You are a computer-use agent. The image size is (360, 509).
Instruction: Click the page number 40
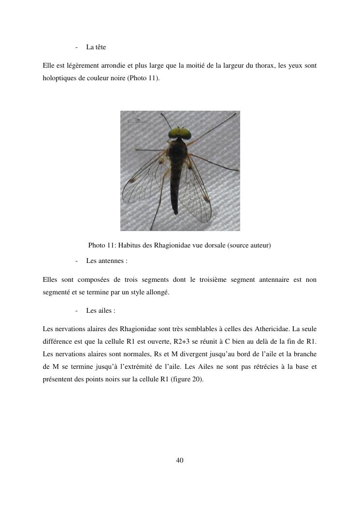click(x=180, y=460)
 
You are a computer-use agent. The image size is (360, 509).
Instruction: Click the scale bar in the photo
click(x=137, y=121)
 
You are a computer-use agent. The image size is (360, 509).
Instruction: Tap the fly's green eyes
click(x=179, y=133)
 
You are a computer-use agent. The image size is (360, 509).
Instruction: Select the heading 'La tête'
click(x=96, y=47)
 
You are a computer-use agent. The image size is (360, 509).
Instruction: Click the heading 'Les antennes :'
click(x=106, y=261)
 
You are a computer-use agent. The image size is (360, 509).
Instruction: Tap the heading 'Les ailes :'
click(x=101, y=311)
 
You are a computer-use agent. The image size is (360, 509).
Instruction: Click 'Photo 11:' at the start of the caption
click(x=102, y=246)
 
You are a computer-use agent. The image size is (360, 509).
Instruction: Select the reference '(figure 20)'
click(x=187, y=379)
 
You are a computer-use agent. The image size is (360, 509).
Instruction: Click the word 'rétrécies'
click(x=264, y=367)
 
